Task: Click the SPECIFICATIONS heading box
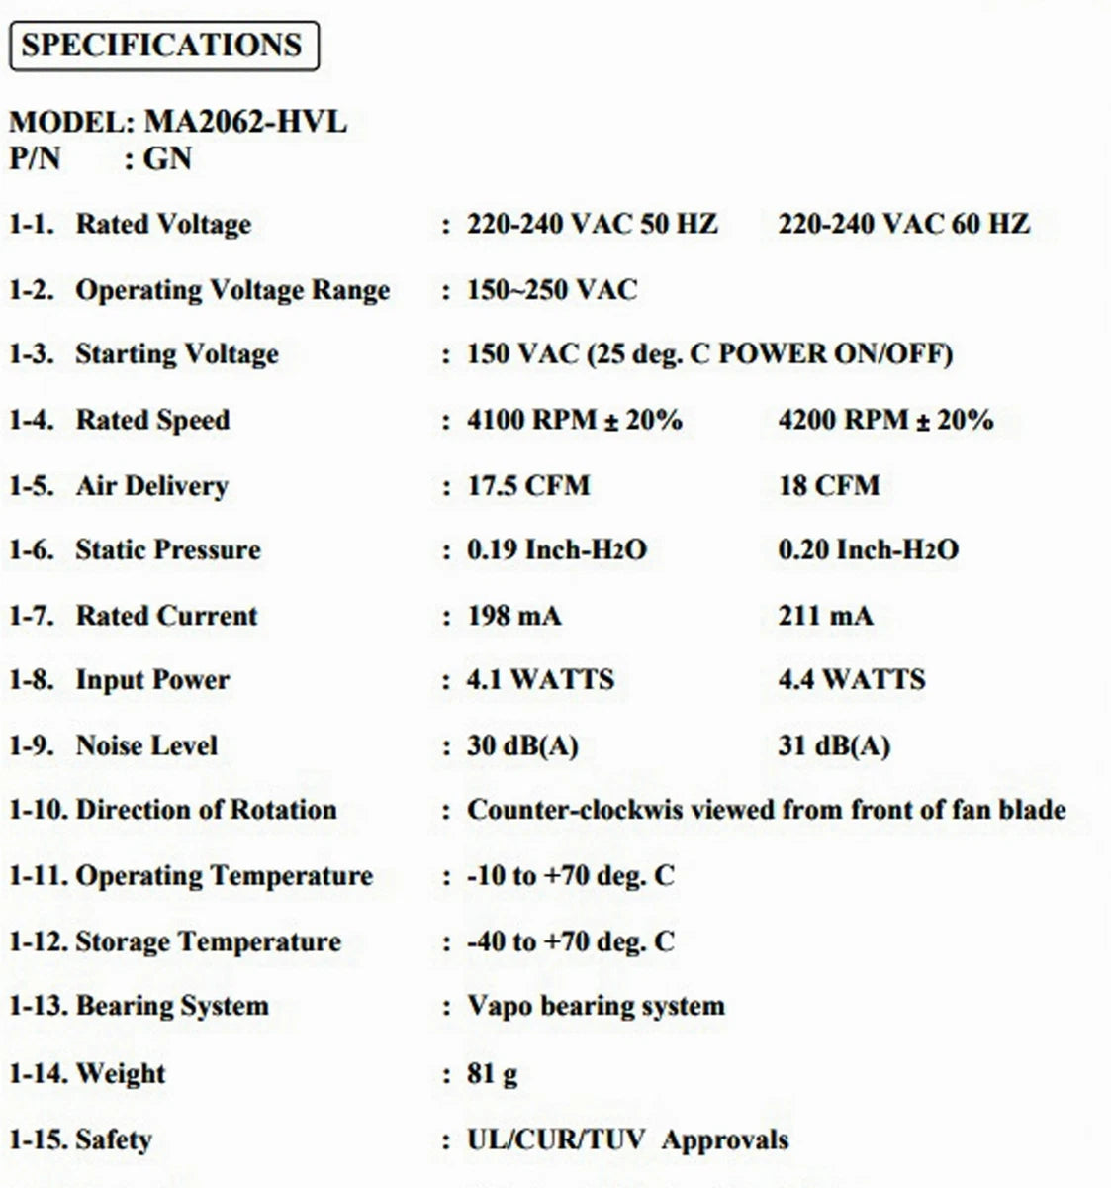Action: pos(163,46)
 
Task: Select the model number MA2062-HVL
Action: pos(246,122)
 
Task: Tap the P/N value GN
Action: pos(167,158)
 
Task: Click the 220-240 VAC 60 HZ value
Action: pos(903,224)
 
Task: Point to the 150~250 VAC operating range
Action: pos(552,290)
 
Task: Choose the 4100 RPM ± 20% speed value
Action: pos(575,420)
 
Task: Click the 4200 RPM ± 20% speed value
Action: pos(885,420)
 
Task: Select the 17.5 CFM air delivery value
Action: pos(528,485)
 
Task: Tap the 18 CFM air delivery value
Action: pos(828,485)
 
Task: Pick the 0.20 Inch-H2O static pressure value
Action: pos(868,549)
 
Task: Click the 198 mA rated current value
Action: pos(513,616)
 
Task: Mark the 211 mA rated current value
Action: pos(825,616)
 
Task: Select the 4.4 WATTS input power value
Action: pos(851,679)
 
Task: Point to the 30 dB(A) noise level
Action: pos(522,745)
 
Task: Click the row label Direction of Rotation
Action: pos(206,810)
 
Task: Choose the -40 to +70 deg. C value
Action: pos(571,940)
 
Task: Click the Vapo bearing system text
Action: pos(596,1006)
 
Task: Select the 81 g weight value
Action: pos(492,1073)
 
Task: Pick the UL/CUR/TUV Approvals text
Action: pos(627,1139)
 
